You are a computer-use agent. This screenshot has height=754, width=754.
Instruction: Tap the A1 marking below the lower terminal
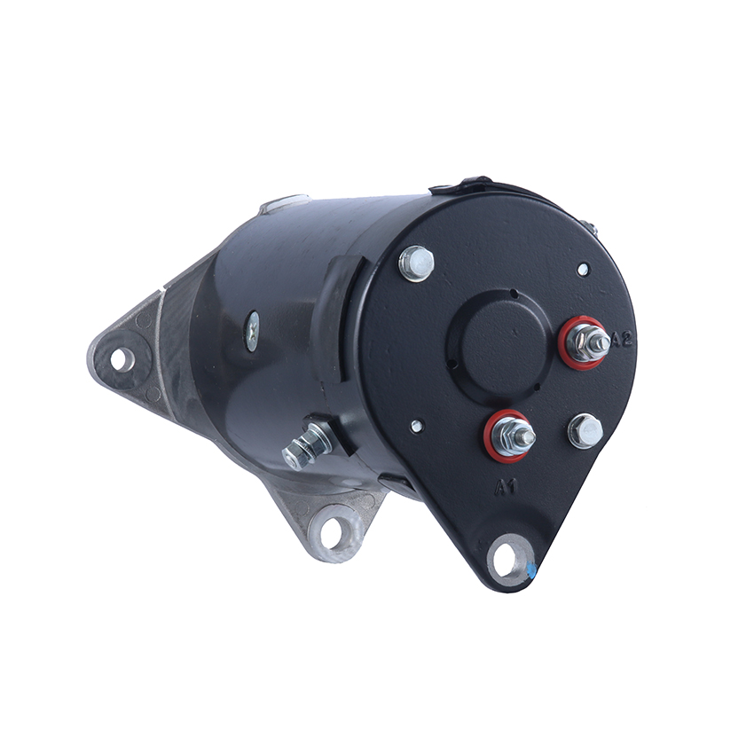506,488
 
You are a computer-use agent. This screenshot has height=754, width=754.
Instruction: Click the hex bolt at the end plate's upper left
416,263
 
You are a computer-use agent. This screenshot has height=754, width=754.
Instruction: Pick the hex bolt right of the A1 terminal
585,431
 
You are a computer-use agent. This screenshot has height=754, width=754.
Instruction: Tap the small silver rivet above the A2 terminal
582,270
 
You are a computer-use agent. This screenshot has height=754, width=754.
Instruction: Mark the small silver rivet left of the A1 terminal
416,426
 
